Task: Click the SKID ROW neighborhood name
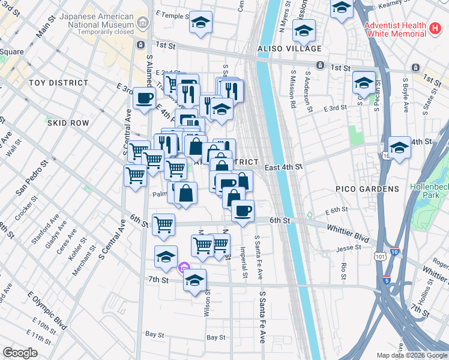pyautogui.click(x=69, y=122)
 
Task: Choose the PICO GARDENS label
pyautogui.click(x=367, y=189)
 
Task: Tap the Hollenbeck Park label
pyautogui.click(x=429, y=191)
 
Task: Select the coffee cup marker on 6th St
pyautogui.click(x=243, y=211)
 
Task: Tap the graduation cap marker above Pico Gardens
pyautogui.click(x=399, y=146)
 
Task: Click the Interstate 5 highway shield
pyautogui.click(x=387, y=280)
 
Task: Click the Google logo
pyautogui.click(x=20, y=353)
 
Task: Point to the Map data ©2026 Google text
pyautogui.click(x=411, y=355)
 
